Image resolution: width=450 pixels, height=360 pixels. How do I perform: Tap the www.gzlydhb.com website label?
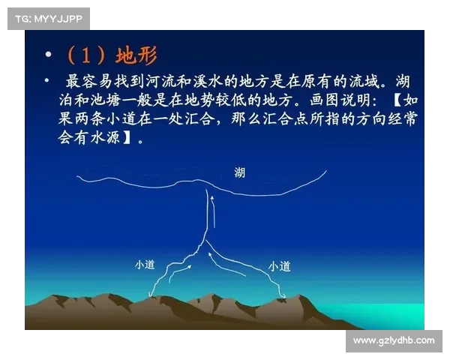coord(393,340)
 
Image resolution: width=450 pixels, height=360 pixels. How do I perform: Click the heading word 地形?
coord(136,55)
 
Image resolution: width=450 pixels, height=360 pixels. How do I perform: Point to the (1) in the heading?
coord(87,55)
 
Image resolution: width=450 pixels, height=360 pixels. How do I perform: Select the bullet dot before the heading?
coord(49,55)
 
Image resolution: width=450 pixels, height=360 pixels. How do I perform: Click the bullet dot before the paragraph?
coord(48,80)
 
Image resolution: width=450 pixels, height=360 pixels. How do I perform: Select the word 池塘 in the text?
coord(103,100)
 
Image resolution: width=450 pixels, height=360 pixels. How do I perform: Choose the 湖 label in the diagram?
coord(238,173)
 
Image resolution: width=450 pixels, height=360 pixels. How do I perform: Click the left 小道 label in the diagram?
coord(144,264)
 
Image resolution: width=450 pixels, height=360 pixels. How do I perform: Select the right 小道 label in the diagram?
coord(279,265)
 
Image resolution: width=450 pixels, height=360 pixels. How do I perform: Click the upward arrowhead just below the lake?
coord(212,198)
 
